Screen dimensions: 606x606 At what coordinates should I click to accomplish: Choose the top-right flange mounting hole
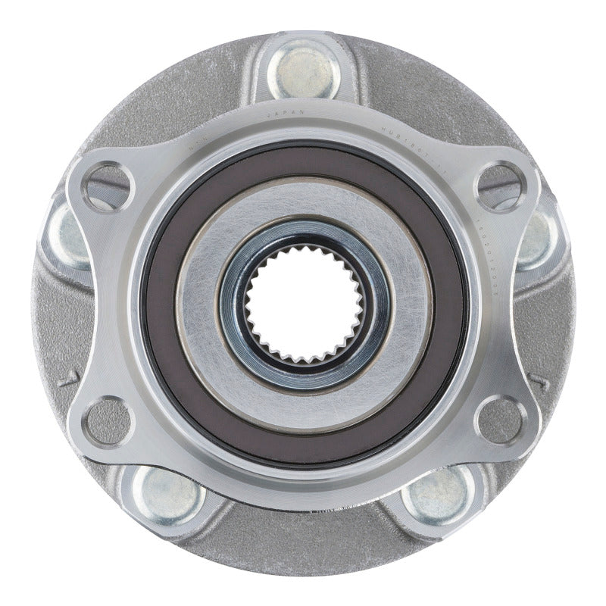point(500,185)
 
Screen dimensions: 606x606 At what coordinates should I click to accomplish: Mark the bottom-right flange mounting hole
point(500,421)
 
